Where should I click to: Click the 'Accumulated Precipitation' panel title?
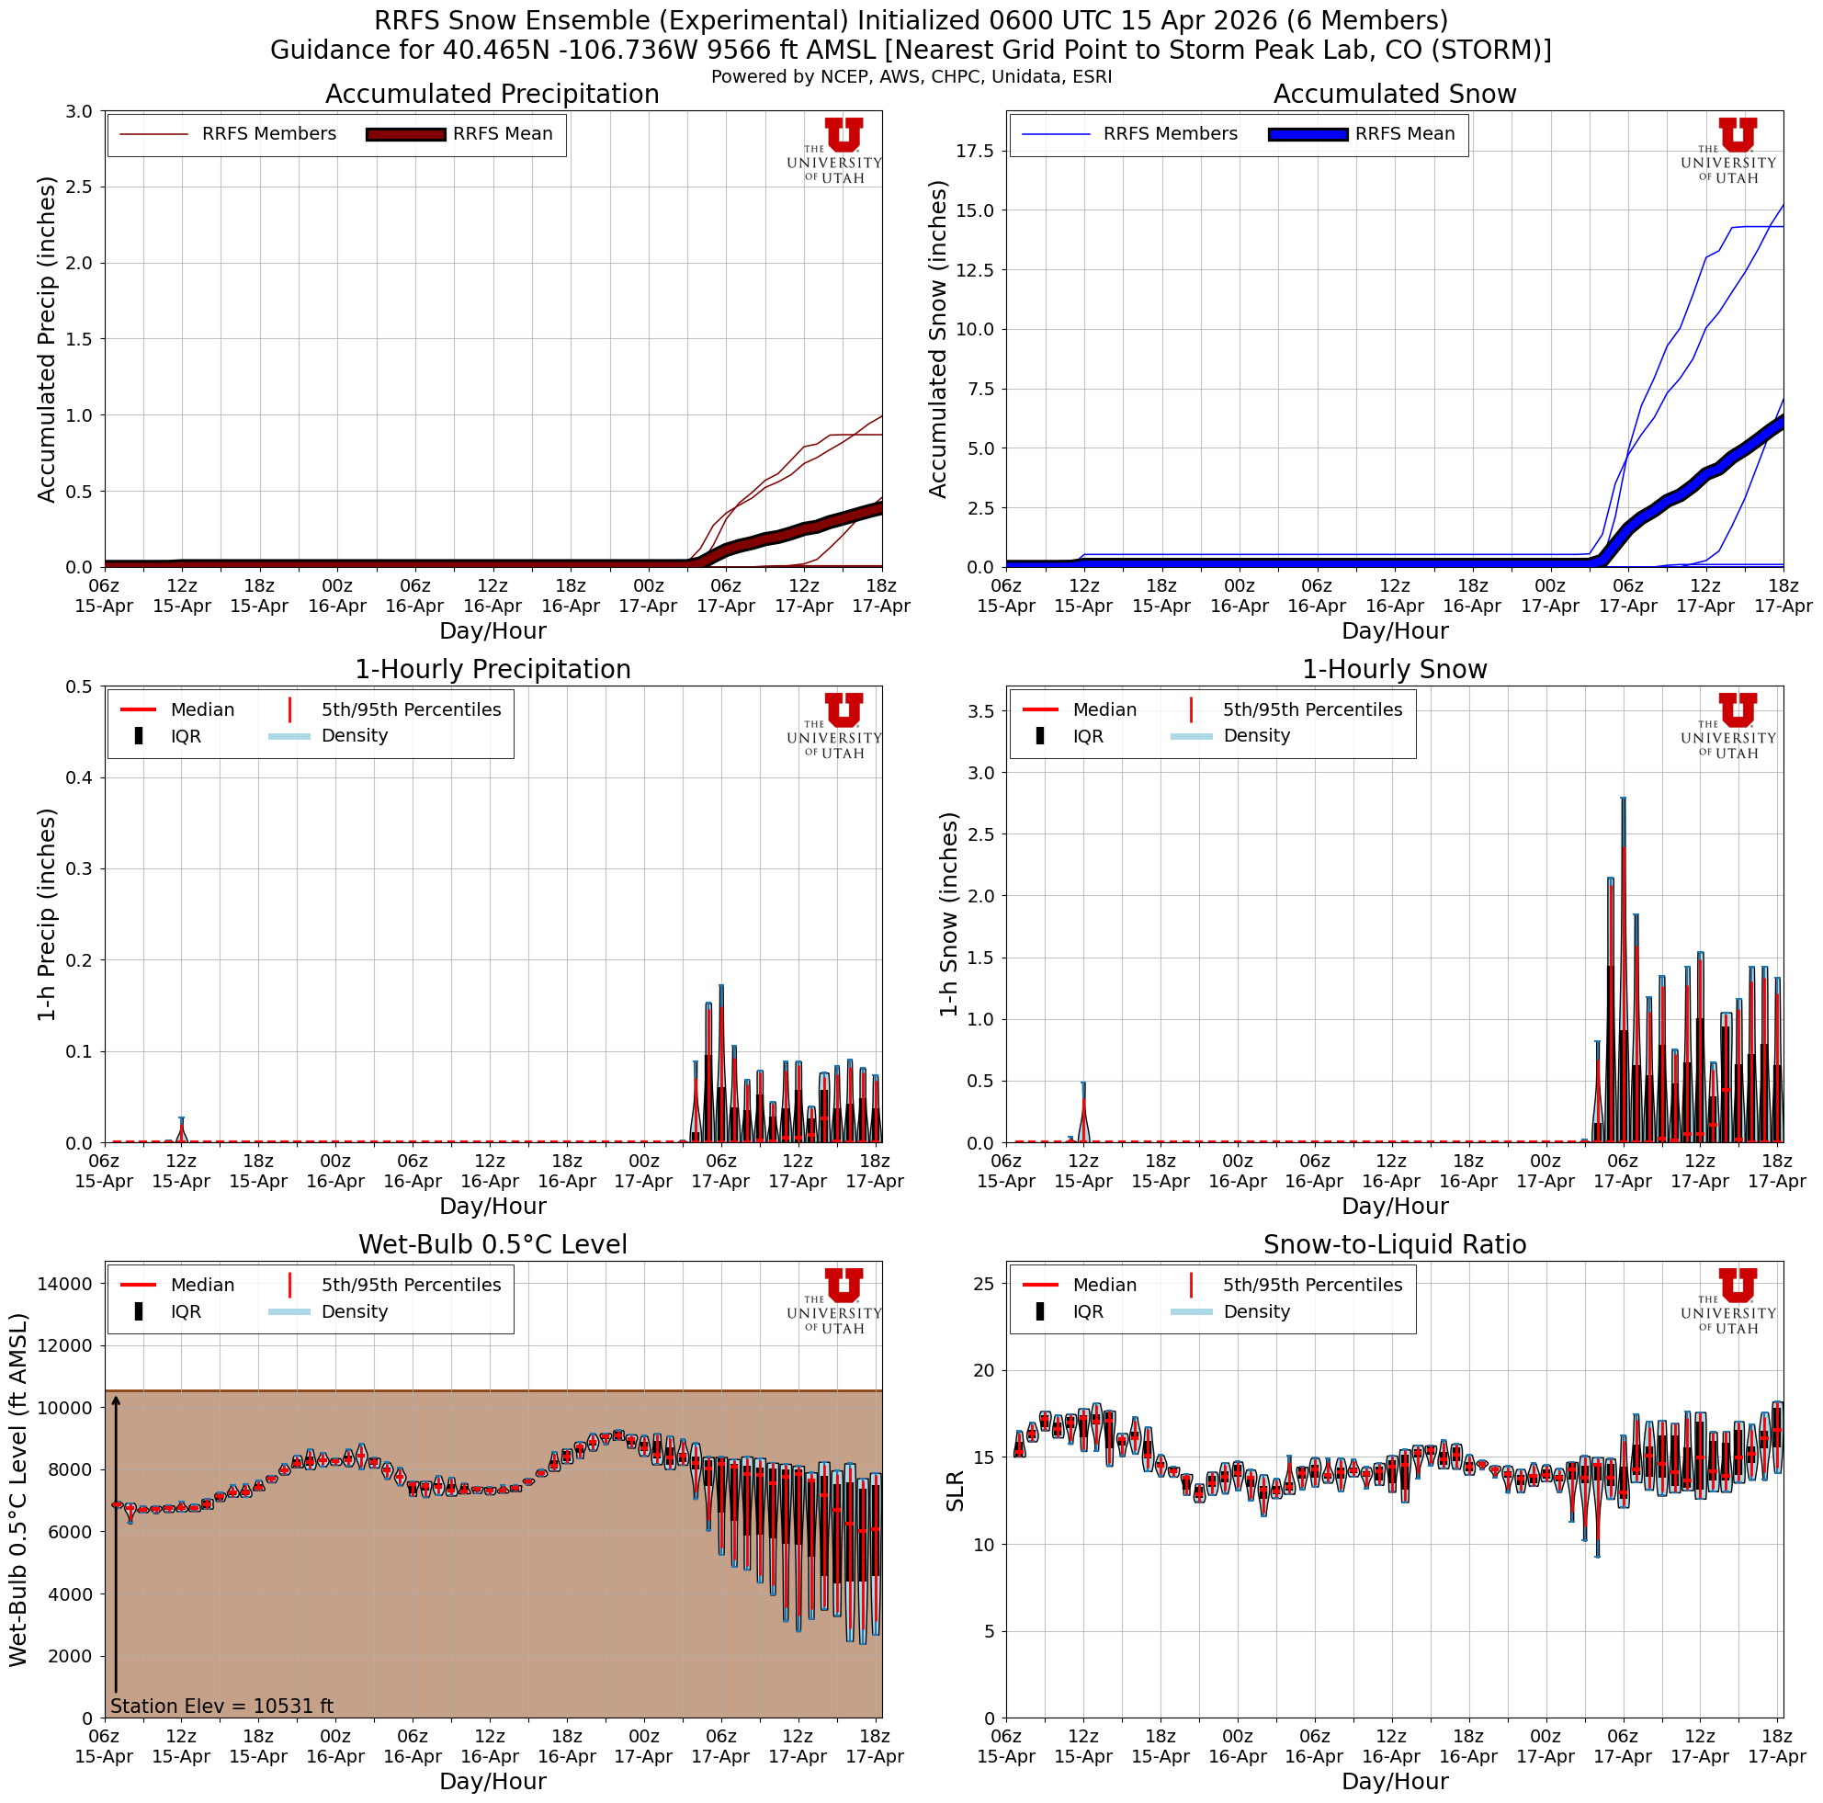click(x=492, y=95)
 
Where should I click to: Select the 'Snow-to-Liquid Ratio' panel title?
click(x=1394, y=1244)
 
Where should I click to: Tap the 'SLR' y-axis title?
click(x=955, y=1491)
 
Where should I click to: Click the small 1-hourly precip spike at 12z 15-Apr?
click(x=181, y=1128)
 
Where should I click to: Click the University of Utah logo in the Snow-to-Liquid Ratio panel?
click(x=1737, y=1299)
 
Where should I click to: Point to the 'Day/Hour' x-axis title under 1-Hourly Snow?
click(x=1394, y=1206)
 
